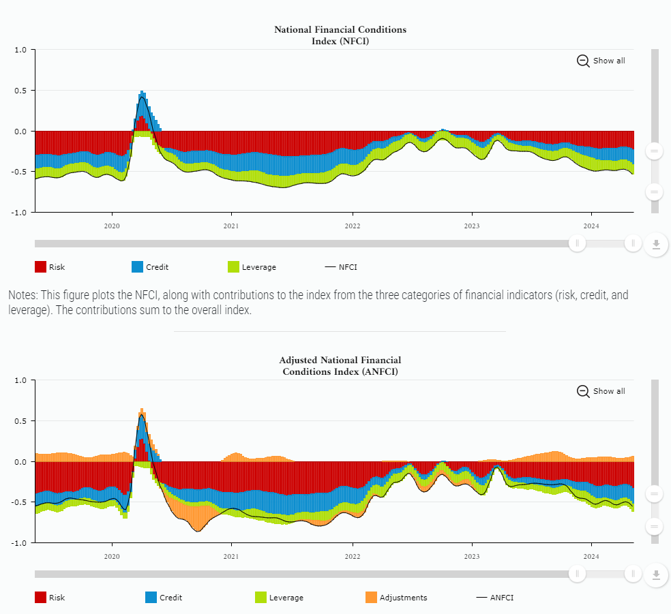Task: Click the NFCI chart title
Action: coord(340,35)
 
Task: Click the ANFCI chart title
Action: coord(340,365)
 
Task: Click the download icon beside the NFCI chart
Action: coord(656,245)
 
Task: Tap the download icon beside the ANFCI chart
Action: coord(656,575)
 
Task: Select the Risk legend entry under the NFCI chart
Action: coord(50,267)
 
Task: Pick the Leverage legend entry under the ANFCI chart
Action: coord(280,598)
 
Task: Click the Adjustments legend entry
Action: coord(396,598)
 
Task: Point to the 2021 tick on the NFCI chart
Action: coord(231,226)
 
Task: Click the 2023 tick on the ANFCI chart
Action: coord(471,556)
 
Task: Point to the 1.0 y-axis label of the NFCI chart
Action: coord(20,50)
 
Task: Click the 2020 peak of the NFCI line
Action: coord(142,97)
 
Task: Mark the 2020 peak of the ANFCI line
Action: coord(142,415)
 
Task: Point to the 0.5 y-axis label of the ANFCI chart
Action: coord(20,420)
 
